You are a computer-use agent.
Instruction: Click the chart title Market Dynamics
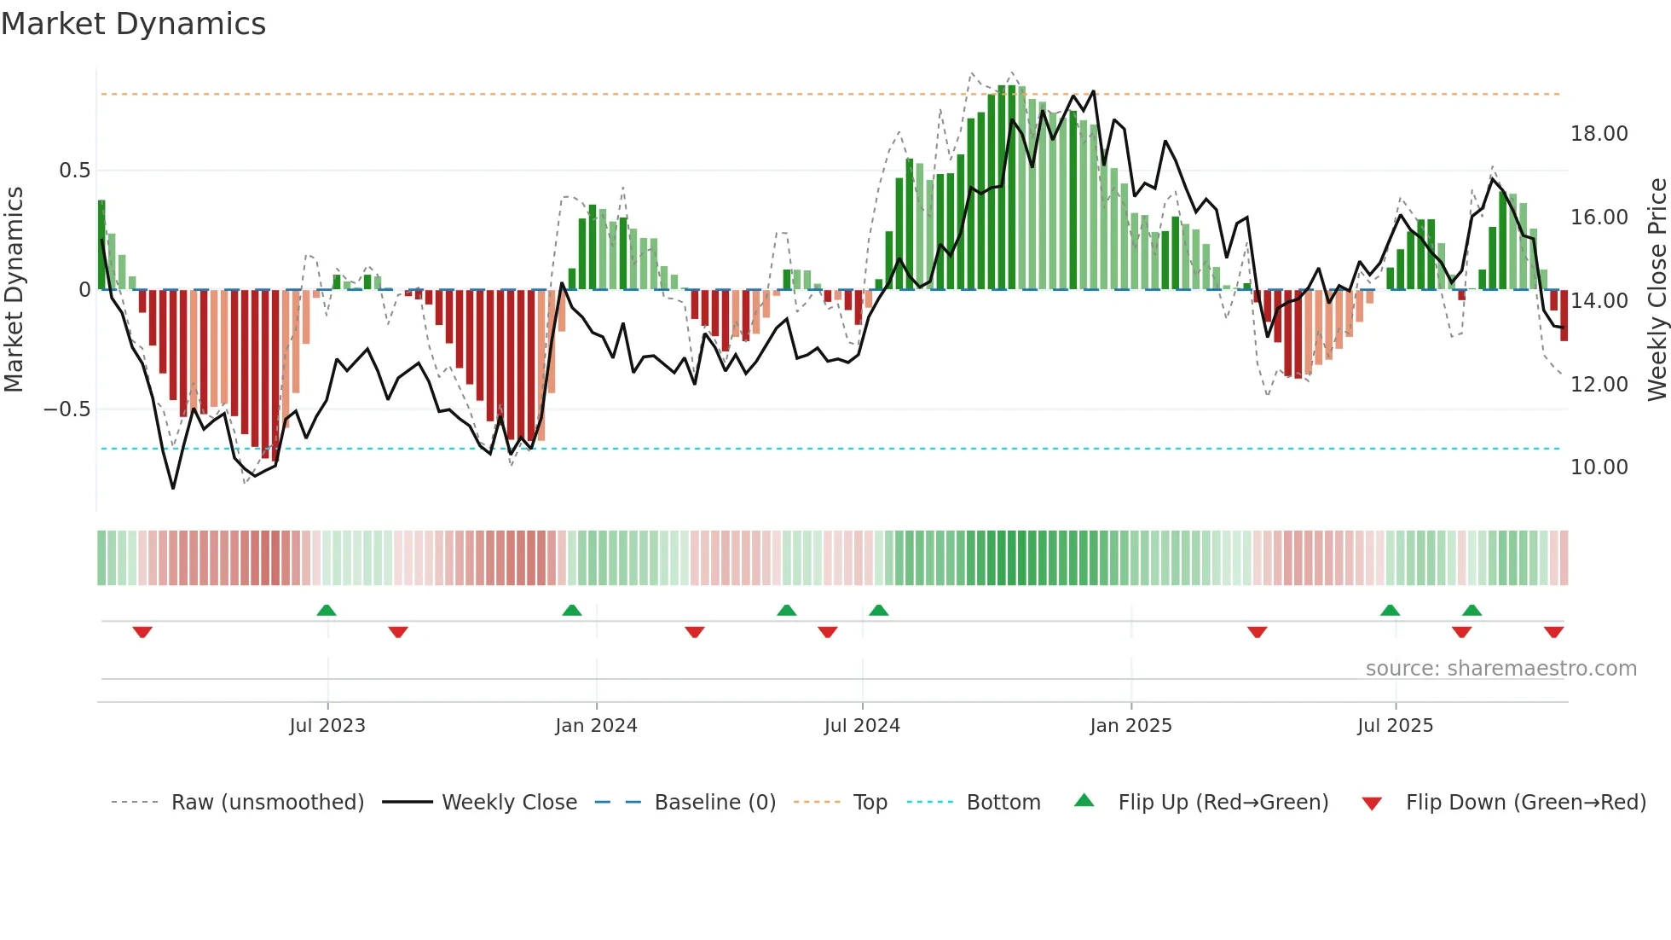[x=133, y=24]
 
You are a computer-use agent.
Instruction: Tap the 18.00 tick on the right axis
[x=1599, y=134]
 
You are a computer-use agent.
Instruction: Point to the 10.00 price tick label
[x=1599, y=467]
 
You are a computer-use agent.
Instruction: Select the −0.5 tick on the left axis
[x=66, y=409]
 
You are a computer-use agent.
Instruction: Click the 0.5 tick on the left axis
[x=74, y=171]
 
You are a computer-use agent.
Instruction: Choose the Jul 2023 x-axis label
[x=327, y=726]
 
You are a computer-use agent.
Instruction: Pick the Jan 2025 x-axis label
[x=1130, y=726]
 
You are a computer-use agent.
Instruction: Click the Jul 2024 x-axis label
[x=861, y=726]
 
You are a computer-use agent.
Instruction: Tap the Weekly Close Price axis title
[x=1657, y=290]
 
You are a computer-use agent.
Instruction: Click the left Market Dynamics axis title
[x=14, y=290]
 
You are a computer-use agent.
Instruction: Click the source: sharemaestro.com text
[x=1500, y=669]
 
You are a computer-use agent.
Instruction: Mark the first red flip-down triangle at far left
[x=142, y=631]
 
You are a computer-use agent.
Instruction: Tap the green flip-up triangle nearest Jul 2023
[x=327, y=610]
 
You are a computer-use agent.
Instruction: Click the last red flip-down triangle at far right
[x=1553, y=631]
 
